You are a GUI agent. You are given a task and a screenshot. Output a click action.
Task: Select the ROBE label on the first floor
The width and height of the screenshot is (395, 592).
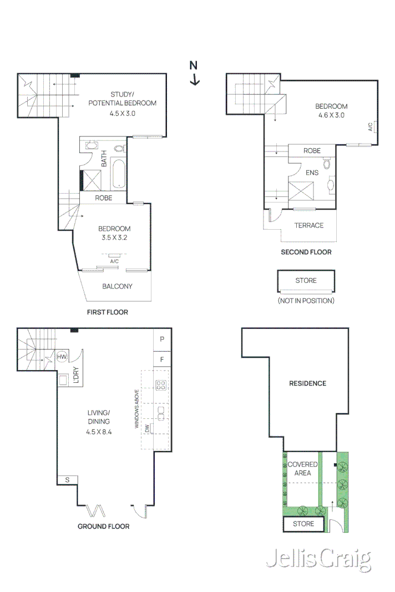point(103,198)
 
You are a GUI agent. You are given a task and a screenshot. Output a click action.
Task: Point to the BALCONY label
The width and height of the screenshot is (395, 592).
point(117,286)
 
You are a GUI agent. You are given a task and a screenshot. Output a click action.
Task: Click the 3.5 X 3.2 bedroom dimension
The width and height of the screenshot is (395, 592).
point(114,237)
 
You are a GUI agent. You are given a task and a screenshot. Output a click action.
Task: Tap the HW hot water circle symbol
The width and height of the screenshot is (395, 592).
point(62,357)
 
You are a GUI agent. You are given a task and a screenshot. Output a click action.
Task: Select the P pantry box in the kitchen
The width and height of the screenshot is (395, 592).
point(162,338)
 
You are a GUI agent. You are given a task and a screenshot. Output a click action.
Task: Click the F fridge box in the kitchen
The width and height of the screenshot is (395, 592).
point(162,359)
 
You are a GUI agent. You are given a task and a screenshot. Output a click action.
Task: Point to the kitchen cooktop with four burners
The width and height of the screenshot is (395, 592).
point(161,385)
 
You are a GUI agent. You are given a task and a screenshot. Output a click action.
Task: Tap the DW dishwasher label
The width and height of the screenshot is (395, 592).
point(147,428)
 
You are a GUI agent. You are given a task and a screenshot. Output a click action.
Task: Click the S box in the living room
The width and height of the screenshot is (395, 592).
point(67,480)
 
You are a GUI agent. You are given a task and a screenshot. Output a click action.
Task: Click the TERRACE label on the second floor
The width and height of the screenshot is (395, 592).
point(309,225)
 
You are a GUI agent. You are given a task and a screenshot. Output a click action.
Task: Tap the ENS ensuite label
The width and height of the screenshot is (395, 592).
point(312,173)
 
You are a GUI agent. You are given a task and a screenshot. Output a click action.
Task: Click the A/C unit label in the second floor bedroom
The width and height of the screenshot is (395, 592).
point(371,127)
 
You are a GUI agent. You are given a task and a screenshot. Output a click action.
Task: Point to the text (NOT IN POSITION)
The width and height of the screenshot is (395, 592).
point(306,301)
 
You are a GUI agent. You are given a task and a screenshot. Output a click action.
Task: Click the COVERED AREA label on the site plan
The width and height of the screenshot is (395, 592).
point(302,468)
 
